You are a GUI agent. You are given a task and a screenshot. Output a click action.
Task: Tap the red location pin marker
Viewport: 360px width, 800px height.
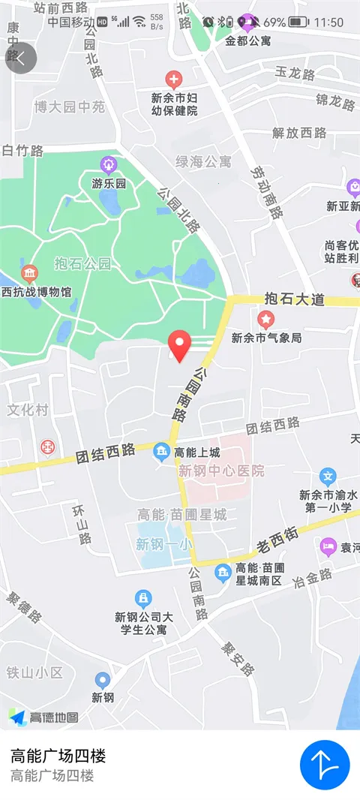(x=178, y=344)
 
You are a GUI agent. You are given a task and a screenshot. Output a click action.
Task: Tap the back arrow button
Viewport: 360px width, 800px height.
(x=21, y=59)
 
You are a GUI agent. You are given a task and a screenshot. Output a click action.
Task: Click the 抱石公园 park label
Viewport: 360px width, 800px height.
(x=83, y=263)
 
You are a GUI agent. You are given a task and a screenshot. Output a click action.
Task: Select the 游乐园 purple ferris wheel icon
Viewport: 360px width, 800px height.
(x=109, y=164)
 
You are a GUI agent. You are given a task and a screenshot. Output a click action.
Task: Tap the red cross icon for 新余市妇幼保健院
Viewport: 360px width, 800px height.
(x=173, y=78)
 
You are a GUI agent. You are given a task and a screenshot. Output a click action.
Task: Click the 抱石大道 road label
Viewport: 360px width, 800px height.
(x=295, y=299)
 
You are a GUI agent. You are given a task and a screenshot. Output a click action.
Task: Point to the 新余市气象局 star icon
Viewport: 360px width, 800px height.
(x=266, y=320)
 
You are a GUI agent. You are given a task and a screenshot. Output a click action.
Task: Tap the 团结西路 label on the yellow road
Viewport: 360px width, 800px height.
(x=105, y=453)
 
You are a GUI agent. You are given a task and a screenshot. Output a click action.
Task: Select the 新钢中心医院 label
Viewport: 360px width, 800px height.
(x=221, y=471)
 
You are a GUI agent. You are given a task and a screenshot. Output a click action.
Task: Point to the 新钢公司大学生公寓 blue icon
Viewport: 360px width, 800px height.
(x=142, y=598)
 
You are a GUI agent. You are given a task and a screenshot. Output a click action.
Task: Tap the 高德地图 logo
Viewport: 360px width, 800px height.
(x=43, y=717)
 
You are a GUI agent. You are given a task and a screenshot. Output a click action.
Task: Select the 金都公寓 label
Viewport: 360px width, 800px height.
(x=248, y=41)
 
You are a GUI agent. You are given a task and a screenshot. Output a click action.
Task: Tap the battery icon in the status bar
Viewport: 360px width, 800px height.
(x=298, y=22)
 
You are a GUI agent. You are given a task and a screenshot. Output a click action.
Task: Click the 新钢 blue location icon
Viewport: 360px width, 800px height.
(x=103, y=680)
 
